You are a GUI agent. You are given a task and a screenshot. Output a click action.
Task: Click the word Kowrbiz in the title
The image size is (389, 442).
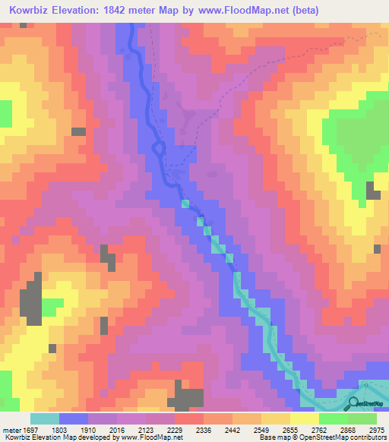pos(29,10)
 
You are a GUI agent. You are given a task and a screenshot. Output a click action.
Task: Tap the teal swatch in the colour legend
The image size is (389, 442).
pos(44,418)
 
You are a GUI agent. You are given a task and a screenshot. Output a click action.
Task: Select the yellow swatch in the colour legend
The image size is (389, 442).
pos(304,418)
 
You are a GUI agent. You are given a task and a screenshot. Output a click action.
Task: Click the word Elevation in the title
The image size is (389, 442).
pos(78,10)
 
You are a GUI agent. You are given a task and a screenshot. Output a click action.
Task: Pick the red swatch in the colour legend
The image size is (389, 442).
pos(188,418)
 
